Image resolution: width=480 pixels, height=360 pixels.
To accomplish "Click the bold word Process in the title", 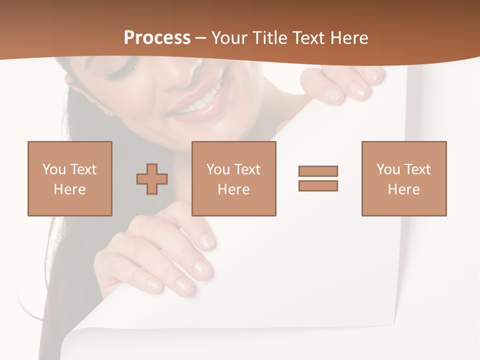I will click(x=157, y=38).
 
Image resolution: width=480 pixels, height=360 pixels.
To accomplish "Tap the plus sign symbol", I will click(x=152, y=179).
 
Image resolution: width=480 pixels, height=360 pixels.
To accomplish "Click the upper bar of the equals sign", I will click(x=318, y=171).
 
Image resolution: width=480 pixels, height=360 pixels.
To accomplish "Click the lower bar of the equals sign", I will click(x=318, y=185).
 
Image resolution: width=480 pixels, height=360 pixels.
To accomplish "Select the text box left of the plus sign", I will click(x=70, y=178).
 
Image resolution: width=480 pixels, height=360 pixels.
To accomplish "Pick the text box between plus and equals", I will click(x=233, y=178).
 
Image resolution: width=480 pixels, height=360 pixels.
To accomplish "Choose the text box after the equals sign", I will click(x=403, y=178).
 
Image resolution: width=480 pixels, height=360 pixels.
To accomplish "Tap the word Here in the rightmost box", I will click(x=403, y=189).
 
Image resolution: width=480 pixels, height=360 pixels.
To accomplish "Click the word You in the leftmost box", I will click(x=53, y=169).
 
